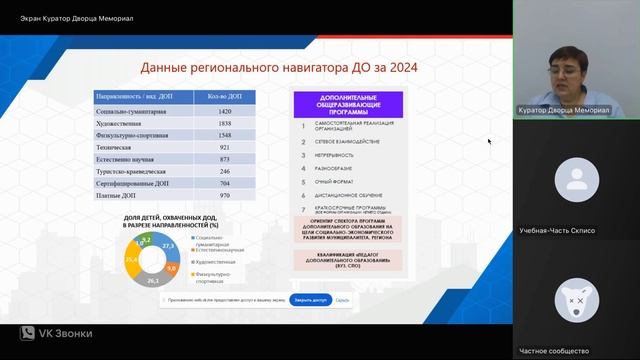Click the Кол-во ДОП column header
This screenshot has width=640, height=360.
point(223,96)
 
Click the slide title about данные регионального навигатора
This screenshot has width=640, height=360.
point(279,68)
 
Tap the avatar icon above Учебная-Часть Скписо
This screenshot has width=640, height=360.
point(576,180)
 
